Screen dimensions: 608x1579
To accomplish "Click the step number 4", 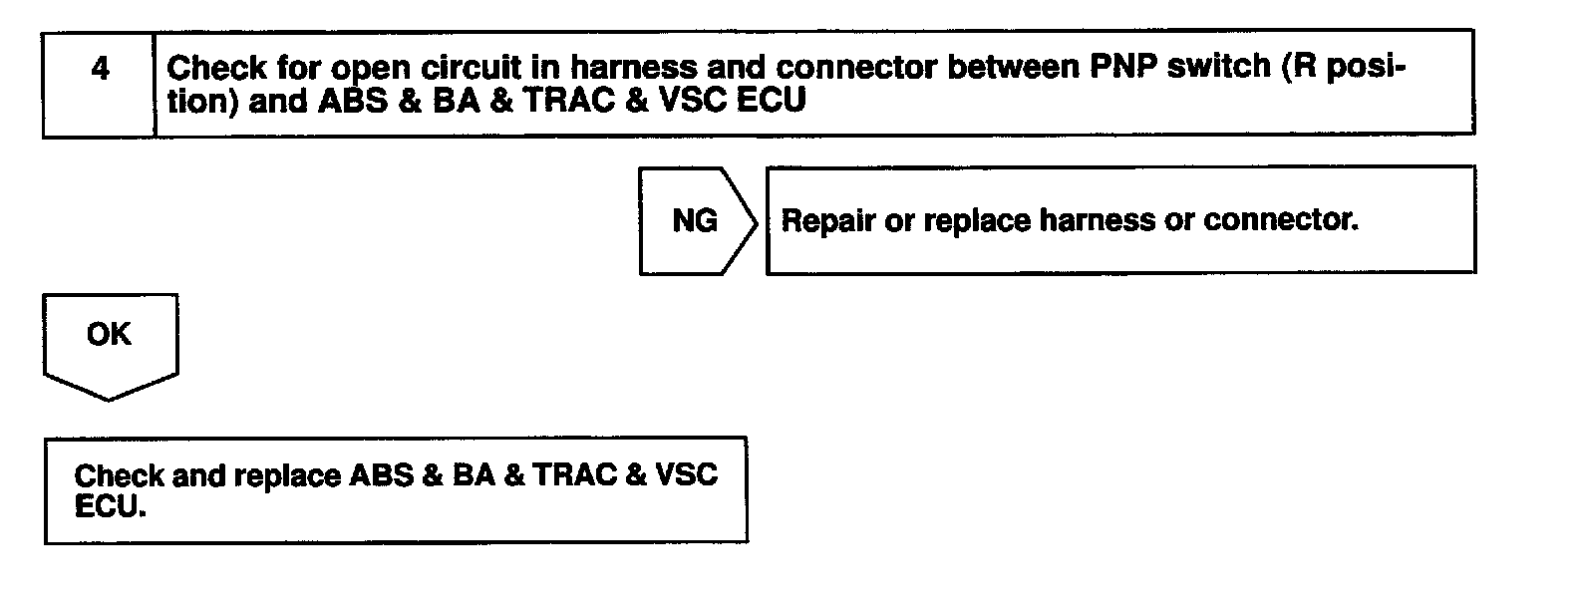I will click(x=100, y=69).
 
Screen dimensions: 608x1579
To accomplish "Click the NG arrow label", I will click(x=695, y=220).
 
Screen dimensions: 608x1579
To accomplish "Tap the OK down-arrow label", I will click(x=109, y=334).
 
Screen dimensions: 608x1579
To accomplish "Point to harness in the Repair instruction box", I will click(x=1098, y=219).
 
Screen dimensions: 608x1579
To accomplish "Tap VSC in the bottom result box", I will click(x=686, y=474).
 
